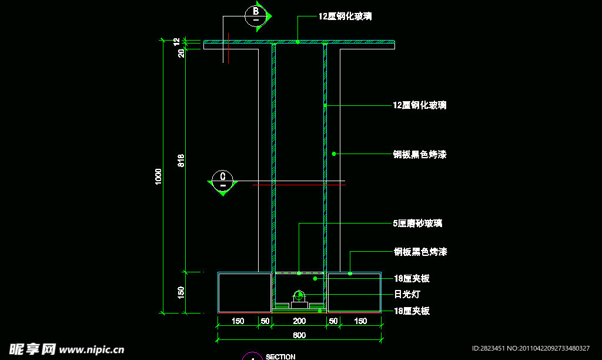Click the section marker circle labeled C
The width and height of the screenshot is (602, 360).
coord(223,179)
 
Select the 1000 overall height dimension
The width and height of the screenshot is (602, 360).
coord(158,176)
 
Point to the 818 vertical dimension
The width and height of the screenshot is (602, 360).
coord(181,160)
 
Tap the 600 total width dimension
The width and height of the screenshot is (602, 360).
coord(299,335)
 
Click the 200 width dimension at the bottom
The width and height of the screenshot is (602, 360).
coord(299,321)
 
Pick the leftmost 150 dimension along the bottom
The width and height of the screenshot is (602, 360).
coord(238,321)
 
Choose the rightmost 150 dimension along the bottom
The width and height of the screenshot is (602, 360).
coord(361,321)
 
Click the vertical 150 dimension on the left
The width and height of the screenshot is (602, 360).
coord(181,292)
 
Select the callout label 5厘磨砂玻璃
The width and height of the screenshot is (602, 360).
coord(417,224)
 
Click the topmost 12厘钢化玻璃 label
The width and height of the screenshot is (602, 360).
coord(345,16)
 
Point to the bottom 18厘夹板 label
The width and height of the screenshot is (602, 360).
coord(412,311)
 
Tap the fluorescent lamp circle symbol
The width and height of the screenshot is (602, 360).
coord(299,295)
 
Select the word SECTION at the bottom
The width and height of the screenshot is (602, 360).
coord(280,356)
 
